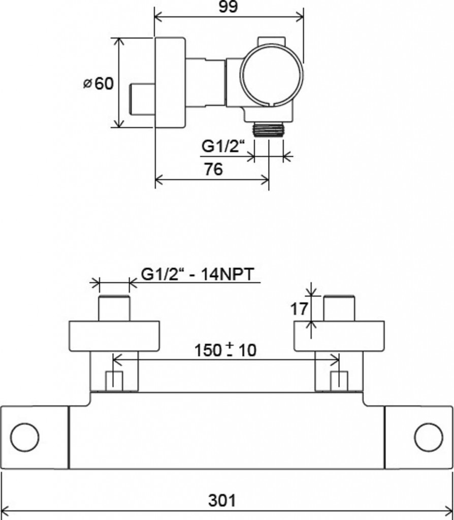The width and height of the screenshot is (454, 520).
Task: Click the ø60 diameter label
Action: click(99, 83)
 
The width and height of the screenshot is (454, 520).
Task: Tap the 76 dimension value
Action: click(213, 169)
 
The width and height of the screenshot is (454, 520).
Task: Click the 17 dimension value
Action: click(300, 308)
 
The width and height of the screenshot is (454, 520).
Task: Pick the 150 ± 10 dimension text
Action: click(226, 350)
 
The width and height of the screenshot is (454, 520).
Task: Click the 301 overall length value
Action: click(222, 501)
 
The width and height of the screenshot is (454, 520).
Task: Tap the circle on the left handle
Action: click(24, 437)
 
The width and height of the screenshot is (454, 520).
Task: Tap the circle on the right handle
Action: click(428, 437)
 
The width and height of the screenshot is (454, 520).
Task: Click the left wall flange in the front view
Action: click(114, 335)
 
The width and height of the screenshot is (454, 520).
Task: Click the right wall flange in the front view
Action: click(339, 335)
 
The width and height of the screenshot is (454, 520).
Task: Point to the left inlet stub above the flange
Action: click(114, 308)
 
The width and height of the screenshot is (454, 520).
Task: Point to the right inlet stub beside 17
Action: click(339, 308)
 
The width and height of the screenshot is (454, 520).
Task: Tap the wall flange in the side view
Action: click(170, 82)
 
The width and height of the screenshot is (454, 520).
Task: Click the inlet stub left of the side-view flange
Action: click(143, 99)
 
